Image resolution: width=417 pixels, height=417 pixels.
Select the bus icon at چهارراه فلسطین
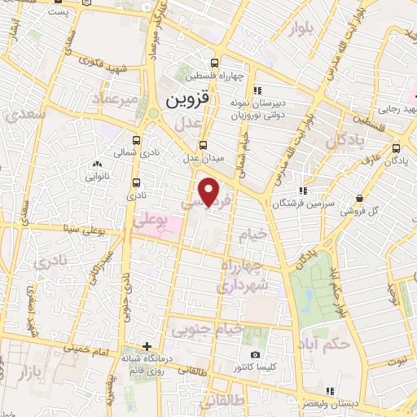215,63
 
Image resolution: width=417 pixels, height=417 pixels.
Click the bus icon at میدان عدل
204,145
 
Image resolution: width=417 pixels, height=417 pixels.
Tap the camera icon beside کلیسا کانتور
255,355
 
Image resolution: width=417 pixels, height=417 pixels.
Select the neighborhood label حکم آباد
323,343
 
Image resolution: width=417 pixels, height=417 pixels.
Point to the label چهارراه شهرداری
242,278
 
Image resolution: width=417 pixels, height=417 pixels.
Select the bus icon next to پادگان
396,148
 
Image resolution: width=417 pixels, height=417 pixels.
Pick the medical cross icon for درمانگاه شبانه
147,347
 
